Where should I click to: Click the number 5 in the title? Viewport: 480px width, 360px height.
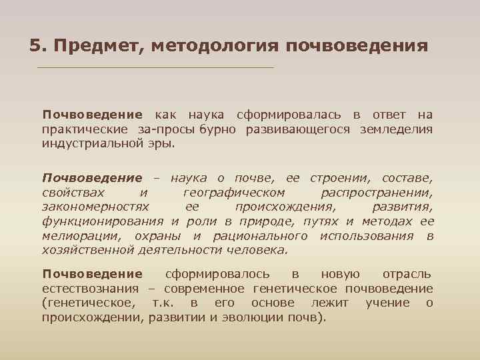(35, 47)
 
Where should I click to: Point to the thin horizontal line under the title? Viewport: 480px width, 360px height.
(155, 68)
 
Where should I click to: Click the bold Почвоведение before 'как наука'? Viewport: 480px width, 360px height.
(92, 115)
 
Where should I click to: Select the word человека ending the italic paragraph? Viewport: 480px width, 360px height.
(257, 250)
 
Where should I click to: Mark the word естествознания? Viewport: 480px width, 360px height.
(90, 289)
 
